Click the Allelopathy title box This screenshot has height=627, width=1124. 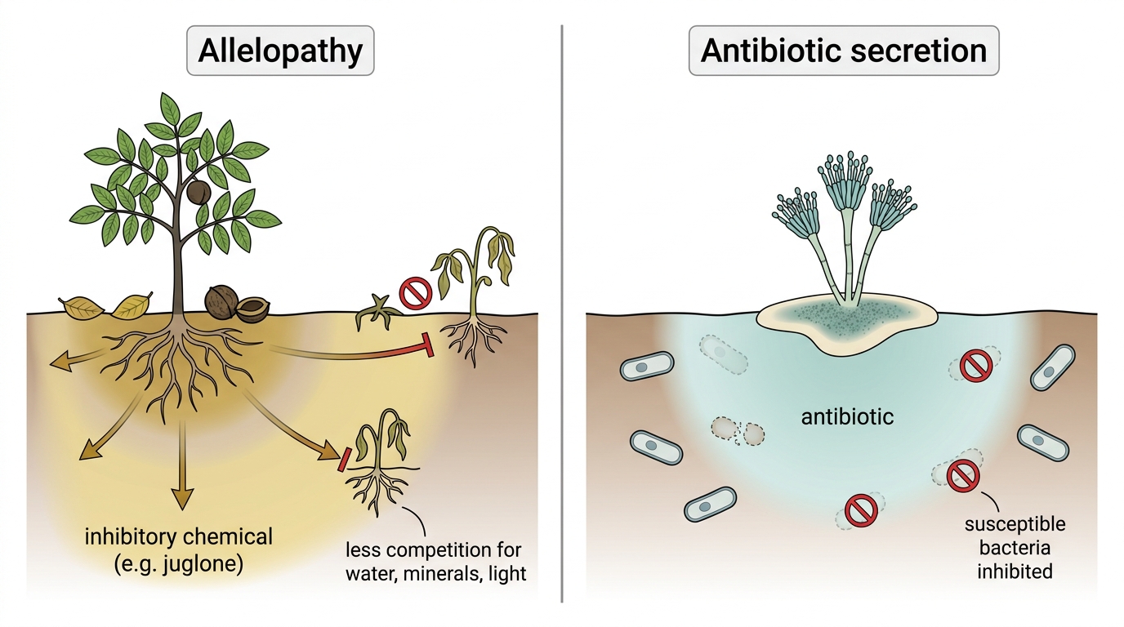point(280,51)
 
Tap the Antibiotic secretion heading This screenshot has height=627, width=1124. point(844,51)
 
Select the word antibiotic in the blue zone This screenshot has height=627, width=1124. point(847,417)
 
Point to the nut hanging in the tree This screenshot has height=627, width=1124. point(198,192)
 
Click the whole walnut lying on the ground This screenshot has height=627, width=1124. point(221,301)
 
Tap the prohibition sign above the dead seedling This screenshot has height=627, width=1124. point(416,293)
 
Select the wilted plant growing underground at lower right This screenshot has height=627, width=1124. point(382,461)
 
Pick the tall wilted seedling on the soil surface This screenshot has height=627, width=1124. point(474,296)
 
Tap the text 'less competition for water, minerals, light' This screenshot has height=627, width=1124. point(435,562)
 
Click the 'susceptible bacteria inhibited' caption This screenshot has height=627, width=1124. point(1015,548)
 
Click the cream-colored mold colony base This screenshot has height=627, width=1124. point(846,323)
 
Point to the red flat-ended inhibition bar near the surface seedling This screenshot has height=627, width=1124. point(428,345)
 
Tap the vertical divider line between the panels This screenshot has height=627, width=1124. point(562,313)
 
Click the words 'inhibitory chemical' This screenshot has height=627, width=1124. point(179,537)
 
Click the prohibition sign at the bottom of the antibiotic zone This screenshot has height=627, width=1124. point(861,510)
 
